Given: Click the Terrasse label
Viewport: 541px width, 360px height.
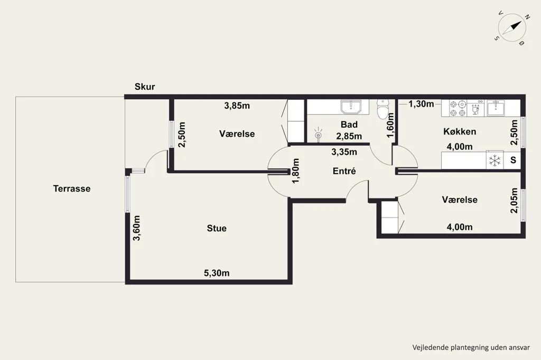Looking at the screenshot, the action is tap(72, 188).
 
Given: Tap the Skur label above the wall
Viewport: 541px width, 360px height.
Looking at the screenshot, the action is tap(145, 87).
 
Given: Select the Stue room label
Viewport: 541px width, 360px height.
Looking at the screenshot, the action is tap(217, 228).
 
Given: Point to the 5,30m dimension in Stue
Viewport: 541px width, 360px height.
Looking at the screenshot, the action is tap(217, 273).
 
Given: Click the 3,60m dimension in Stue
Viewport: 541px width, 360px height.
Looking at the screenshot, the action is tap(137, 228).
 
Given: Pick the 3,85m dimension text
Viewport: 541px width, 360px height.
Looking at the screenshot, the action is tap(237, 106).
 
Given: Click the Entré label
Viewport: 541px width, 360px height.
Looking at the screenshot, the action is tap(344, 171).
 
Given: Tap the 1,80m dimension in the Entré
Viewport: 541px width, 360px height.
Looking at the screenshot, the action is tap(296, 171).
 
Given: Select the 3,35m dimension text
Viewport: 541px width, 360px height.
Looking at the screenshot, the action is tap(344, 152).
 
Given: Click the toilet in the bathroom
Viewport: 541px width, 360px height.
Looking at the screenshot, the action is tap(383, 109).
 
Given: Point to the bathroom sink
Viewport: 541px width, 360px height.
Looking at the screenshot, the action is tap(351, 107).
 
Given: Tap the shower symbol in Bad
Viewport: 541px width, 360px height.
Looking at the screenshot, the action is tap(318, 135).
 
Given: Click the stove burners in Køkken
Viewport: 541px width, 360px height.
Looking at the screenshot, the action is tap(458, 108).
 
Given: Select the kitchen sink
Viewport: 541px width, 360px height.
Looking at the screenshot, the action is tap(496, 108).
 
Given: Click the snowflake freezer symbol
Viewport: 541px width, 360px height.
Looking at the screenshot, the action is tap(495, 160).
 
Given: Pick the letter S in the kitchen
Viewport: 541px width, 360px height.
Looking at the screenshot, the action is tap(514, 160).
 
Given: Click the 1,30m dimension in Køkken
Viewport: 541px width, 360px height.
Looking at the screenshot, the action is tap(421, 104).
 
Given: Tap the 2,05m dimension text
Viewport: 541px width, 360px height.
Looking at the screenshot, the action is tap(514, 201).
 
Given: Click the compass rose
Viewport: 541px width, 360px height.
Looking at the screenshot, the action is tap(512, 27).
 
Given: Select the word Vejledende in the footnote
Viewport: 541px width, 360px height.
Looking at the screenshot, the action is tap(430, 347).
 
